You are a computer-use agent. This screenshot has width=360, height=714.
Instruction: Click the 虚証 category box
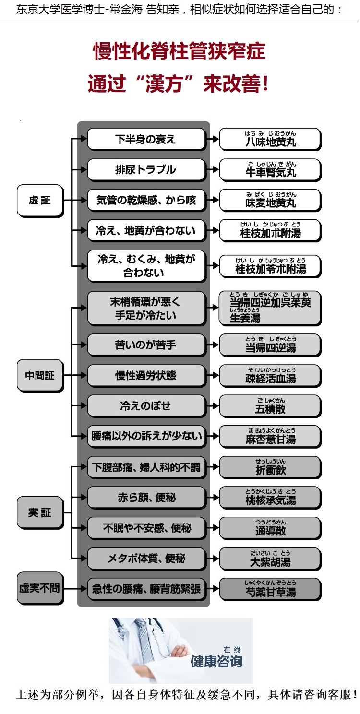(40, 201)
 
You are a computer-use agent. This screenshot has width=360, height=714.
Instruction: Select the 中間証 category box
(40, 376)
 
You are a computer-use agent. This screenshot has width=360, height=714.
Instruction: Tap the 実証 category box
(40, 512)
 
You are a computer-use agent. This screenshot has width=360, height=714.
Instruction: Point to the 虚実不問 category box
(40, 588)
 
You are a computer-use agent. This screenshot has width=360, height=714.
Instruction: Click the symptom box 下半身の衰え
(146, 139)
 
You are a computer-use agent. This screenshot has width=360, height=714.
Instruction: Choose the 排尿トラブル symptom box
(146, 169)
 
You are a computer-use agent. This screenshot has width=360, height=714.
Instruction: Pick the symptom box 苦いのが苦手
(146, 345)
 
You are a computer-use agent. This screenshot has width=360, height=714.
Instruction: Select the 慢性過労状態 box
(146, 376)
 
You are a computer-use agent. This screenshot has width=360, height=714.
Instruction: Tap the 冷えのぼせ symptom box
(146, 406)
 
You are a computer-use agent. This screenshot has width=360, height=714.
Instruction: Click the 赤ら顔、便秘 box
(146, 498)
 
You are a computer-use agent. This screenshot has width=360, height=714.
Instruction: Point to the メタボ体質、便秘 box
(146, 559)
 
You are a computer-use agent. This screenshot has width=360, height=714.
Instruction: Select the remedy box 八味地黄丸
(270, 139)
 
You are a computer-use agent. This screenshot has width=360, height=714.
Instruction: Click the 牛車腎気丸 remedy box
(270, 169)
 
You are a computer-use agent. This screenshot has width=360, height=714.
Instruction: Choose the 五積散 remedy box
(270, 406)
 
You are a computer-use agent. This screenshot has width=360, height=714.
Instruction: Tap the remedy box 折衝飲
(270, 467)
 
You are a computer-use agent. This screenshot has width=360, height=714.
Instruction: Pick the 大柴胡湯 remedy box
(270, 559)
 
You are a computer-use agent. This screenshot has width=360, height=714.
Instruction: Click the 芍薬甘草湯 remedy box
(270, 589)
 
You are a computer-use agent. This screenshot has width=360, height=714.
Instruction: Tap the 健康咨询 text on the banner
(216, 661)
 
